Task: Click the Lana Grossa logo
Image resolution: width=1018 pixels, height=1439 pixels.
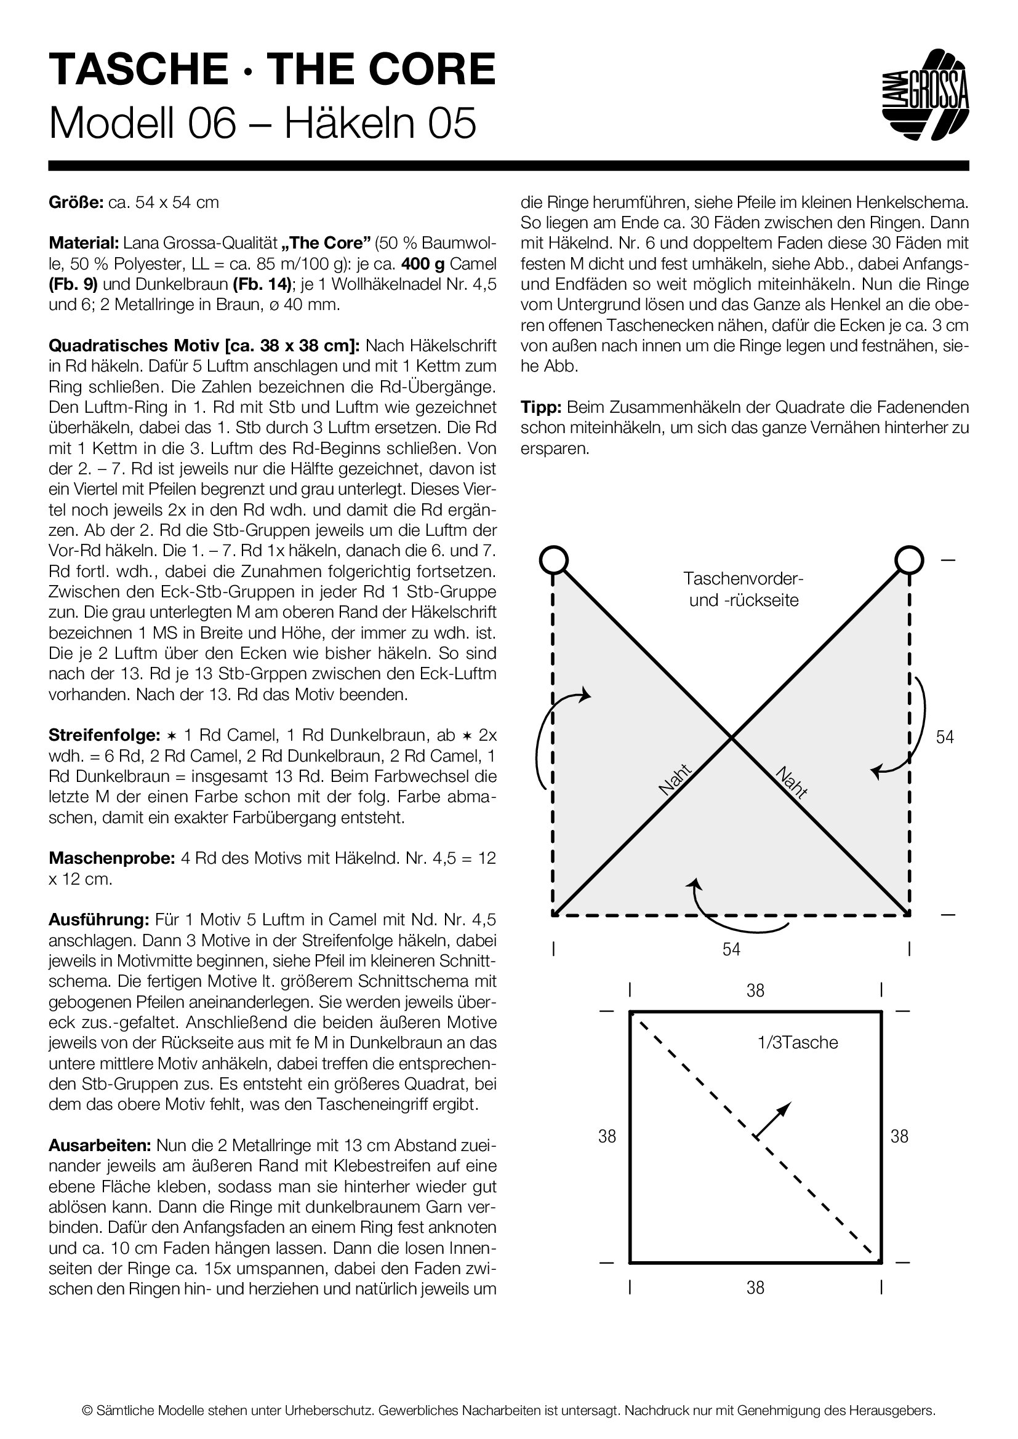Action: tap(925, 94)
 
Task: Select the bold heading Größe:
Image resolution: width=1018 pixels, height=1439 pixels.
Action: tap(76, 202)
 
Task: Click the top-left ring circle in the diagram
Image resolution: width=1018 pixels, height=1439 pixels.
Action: tap(553, 559)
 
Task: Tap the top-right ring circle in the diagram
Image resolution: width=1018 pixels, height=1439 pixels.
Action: tap(908, 559)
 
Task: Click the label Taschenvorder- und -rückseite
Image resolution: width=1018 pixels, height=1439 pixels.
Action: tap(744, 589)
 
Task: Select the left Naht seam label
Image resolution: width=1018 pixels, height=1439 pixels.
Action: tap(675, 780)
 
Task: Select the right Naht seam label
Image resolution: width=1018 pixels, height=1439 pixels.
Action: tap(791, 782)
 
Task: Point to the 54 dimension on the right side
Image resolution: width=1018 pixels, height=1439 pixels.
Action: tap(945, 737)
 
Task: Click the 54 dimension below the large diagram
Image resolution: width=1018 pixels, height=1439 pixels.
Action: tap(731, 949)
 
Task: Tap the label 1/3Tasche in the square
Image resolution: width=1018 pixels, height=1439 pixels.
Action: tap(797, 1042)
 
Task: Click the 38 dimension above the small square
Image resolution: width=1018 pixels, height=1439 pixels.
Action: tap(755, 991)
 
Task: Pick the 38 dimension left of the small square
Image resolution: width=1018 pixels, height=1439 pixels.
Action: tap(607, 1136)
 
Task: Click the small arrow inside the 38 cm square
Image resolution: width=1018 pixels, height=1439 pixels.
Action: tap(772, 1120)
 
